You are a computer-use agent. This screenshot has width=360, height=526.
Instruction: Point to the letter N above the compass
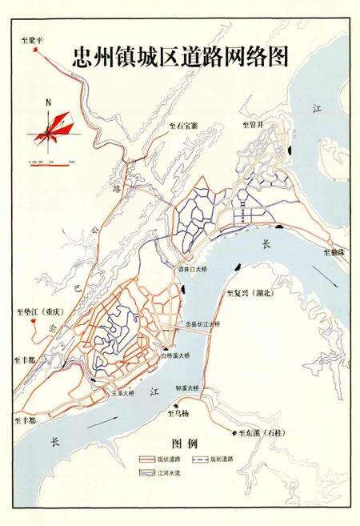pyautogui.click(x=49, y=103)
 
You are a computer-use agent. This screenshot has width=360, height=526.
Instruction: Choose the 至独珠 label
pyautogui.click(x=335, y=251)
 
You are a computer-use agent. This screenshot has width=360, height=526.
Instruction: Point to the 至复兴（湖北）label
pyautogui.click(x=252, y=293)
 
